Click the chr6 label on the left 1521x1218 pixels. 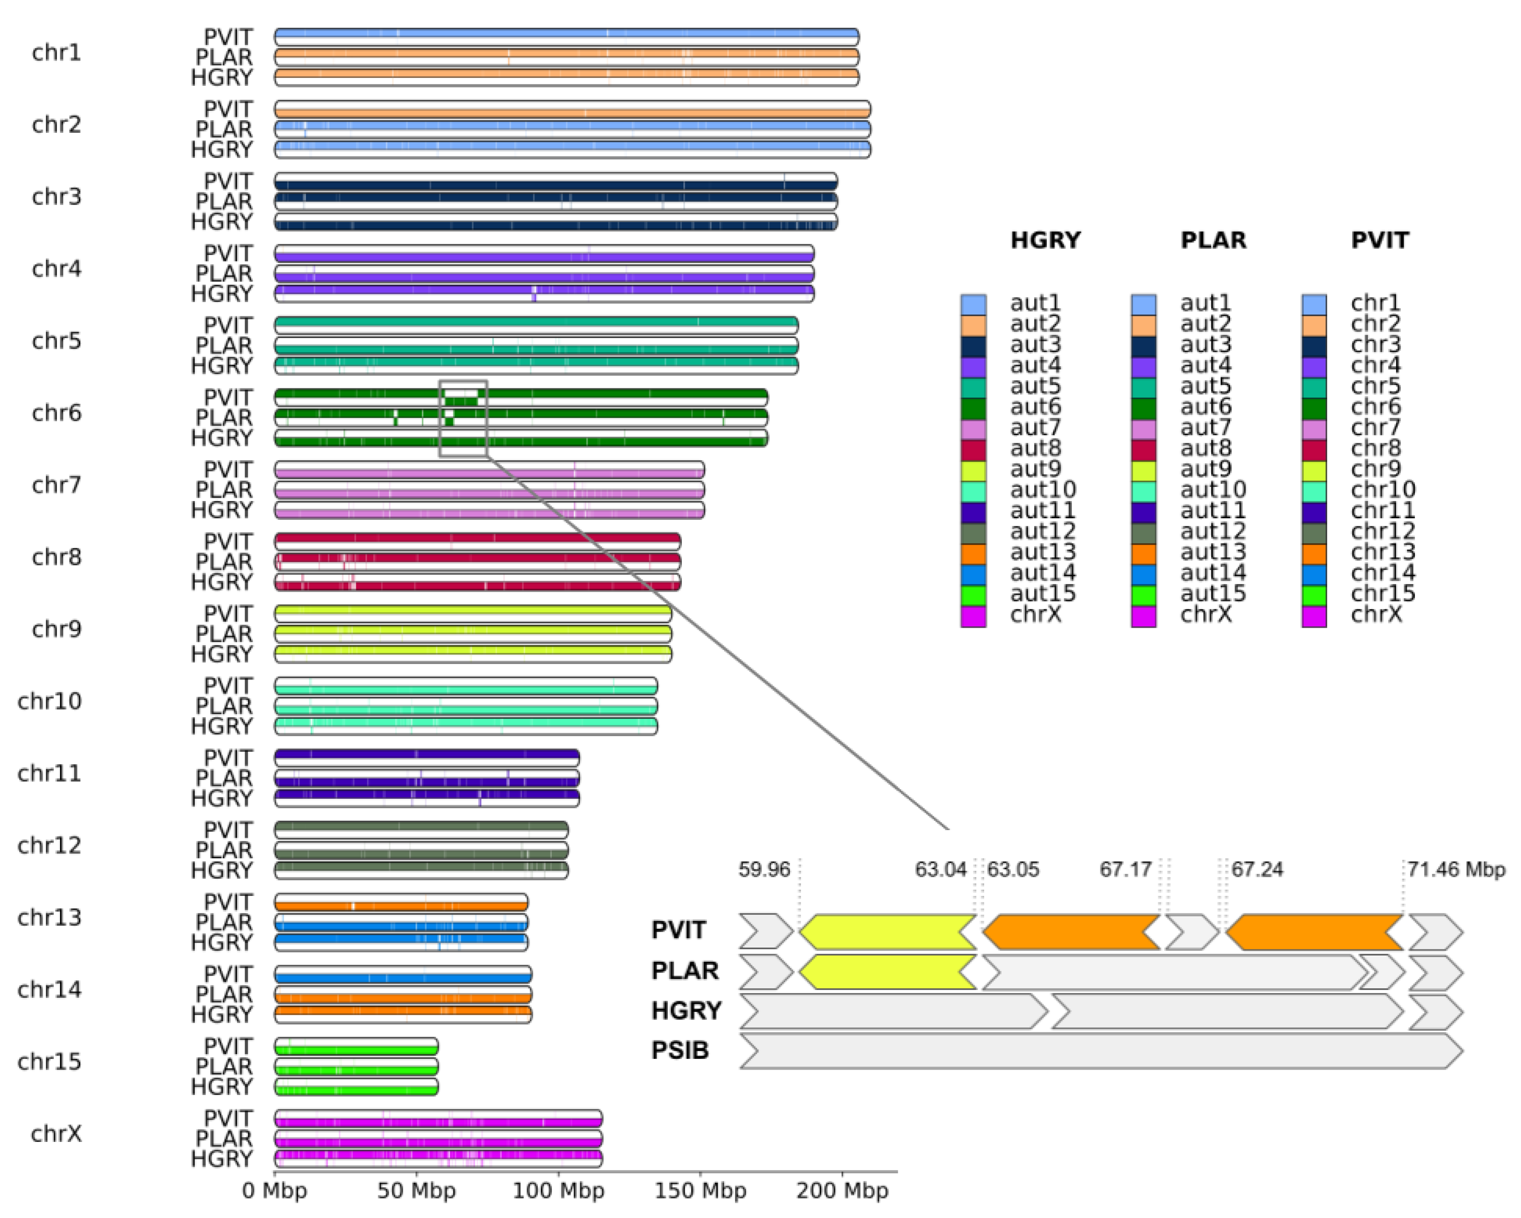(56, 413)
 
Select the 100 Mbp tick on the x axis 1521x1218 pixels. (558, 1190)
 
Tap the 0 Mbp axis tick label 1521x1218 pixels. (275, 1190)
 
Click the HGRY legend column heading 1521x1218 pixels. (1045, 240)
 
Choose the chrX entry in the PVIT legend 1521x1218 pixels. (1375, 615)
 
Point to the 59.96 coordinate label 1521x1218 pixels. (764, 870)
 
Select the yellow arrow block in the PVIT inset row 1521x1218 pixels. (887, 932)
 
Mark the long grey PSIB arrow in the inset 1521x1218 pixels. (1101, 1051)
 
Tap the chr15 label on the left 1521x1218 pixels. (49, 1062)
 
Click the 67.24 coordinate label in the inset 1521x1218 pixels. (1257, 870)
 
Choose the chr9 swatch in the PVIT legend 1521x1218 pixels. (1314, 470)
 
